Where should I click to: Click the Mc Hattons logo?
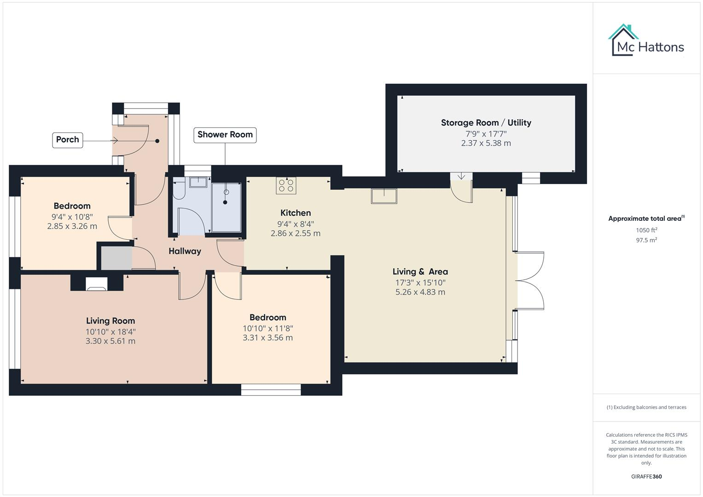coord(647,40)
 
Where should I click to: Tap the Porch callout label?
coord(68,139)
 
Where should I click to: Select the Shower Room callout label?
coord(225,135)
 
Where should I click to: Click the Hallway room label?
coord(185,251)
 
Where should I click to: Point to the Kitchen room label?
coord(296,213)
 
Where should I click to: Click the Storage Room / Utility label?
coord(486,123)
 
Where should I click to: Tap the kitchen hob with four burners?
coord(286,185)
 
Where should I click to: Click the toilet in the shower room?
coord(179,190)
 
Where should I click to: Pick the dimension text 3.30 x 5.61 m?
coord(110,341)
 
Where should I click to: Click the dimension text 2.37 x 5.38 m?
coord(486,143)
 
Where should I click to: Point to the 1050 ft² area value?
coord(646,230)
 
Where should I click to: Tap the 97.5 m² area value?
coord(646,240)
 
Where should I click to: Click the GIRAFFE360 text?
coord(646,476)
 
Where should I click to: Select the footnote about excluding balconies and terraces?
coord(646,407)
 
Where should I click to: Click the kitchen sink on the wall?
coord(384,196)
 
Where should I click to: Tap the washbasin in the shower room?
coord(198,181)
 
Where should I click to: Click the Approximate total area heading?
coord(646,219)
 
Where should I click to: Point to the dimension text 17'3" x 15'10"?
coord(420,282)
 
